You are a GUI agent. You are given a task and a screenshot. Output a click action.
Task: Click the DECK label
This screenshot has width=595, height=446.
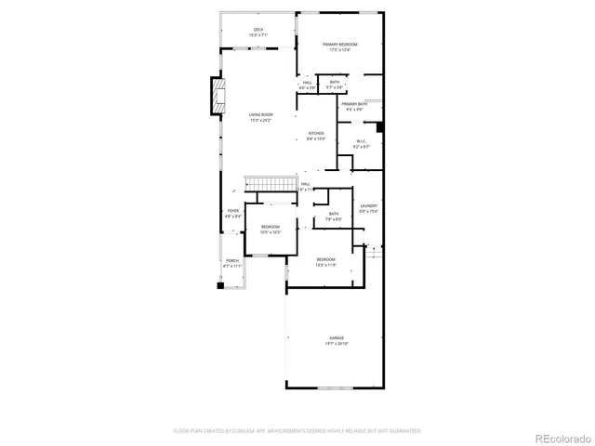coord(258,30)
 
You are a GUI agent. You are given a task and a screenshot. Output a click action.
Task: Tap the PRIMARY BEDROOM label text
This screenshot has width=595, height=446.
coord(340,45)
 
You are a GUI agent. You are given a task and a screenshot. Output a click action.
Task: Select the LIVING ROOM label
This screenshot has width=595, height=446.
coord(260,115)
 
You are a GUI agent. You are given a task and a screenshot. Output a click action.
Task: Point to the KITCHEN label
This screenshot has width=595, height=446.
coord(316,134)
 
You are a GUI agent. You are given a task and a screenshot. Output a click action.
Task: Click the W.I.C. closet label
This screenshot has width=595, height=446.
coord(362,141)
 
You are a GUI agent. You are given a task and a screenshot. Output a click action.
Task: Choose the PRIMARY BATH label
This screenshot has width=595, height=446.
coord(354,104)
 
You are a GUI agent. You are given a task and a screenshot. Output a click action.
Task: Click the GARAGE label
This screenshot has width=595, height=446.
coord(336,337)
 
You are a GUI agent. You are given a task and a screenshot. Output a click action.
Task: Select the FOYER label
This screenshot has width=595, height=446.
coord(233,211)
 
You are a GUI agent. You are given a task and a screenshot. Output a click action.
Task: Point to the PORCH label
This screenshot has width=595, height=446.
coord(232,261)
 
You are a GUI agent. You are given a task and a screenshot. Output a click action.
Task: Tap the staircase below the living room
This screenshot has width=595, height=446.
coord(263,183)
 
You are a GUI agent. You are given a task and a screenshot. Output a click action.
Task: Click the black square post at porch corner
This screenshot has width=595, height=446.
coord(220,286)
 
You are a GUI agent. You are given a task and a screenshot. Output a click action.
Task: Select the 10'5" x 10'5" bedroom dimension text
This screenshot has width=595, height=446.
coord(271,231)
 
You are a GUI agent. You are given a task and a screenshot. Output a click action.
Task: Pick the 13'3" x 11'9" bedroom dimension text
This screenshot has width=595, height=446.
coord(324,264)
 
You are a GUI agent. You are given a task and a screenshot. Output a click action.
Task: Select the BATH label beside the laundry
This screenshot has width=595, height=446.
coord(333,214)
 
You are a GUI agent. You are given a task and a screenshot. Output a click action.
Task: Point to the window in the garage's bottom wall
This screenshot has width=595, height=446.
coord(330,387)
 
